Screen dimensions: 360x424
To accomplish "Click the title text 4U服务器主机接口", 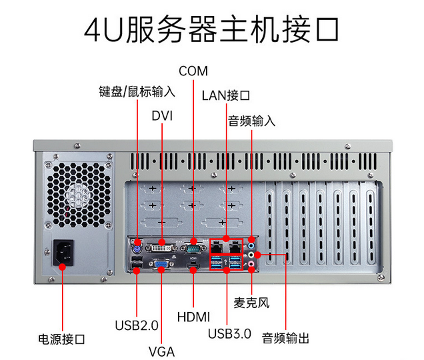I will pyautogui.click(x=212, y=30).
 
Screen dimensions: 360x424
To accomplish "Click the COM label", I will pyautogui.click(x=193, y=71).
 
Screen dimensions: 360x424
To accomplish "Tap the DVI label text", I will pyautogui.click(x=162, y=115).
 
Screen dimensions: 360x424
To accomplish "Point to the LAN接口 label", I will pyautogui.click(x=226, y=95).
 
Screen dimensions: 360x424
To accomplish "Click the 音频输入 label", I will pyautogui.click(x=251, y=121).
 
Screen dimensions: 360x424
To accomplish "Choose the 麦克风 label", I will pyautogui.click(x=251, y=302).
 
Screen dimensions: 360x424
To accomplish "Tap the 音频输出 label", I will pyautogui.click(x=285, y=338).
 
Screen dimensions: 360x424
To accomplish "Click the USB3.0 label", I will pyautogui.click(x=229, y=333).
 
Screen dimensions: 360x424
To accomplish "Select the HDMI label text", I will pyautogui.click(x=193, y=315).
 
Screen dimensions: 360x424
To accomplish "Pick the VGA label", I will pyautogui.click(x=161, y=351).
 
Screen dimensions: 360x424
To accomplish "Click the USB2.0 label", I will pyautogui.click(x=137, y=326).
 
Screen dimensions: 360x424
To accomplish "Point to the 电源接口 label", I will pyautogui.click(x=62, y=339).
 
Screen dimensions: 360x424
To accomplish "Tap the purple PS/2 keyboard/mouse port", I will pyautogui.click(x=137, y=243).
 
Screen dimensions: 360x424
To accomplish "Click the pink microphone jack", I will pyautogui.click(x=251, y=265).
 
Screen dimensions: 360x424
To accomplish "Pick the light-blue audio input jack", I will pyautogui.click(x=251, y=242).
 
